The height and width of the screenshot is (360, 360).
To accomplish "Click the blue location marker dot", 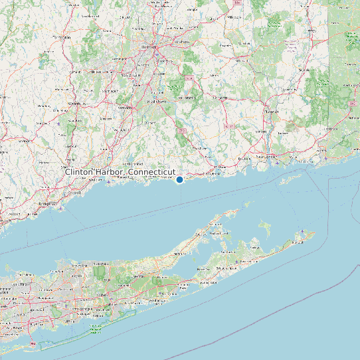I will pyautogui.click(x=179, y=179).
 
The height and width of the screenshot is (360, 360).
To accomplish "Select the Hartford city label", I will pyautogui.click(x=148, y=48).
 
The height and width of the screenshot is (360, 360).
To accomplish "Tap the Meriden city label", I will pyautogui.click(x=124, y=108).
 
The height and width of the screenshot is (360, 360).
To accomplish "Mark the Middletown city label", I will pyautogui.click(x=156, y=102).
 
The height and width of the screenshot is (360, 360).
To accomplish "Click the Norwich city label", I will pyautogui.click(x=270, y=112).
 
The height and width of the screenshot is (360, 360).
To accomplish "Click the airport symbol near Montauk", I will pyautogui.click(x=303, y=232).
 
